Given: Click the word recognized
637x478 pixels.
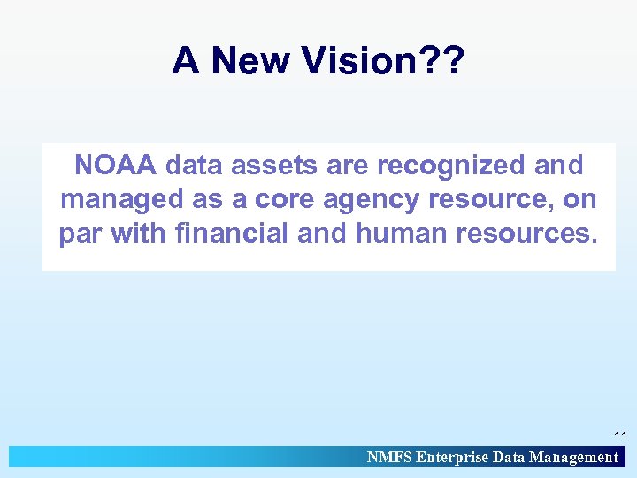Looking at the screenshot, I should [451, 165].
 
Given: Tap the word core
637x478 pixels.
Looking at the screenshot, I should [285, 200].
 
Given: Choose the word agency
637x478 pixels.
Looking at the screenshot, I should [375, 200].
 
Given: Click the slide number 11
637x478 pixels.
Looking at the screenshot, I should [619, 436].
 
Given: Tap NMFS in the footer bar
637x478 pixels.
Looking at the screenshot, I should [389, 457].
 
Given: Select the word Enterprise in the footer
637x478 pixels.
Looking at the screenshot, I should [451, 457].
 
